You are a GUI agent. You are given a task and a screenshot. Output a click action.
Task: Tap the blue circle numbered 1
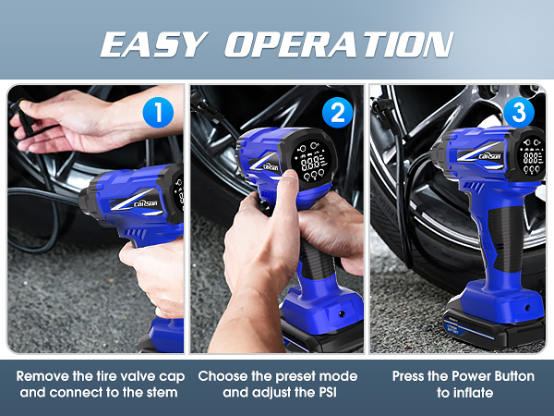[160, 113]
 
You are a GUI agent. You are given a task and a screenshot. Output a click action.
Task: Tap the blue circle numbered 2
[339, 113]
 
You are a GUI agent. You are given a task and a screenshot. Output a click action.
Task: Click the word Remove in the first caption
[42, 376]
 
